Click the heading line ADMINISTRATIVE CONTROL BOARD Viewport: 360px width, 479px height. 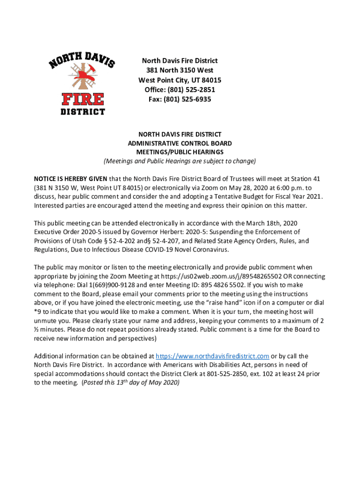click(x=180, y=144)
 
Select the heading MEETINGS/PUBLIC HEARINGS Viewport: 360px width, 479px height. click(x=180, y=152)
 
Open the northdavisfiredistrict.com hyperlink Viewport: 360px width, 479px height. click(x=212, y=356)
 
